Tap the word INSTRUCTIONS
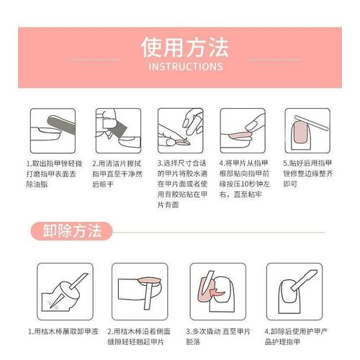(x=184, y=67)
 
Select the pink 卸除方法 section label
(x=71, y=231)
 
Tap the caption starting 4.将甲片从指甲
(x=244, y=179)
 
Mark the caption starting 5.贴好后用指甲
(x=308, y=174)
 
